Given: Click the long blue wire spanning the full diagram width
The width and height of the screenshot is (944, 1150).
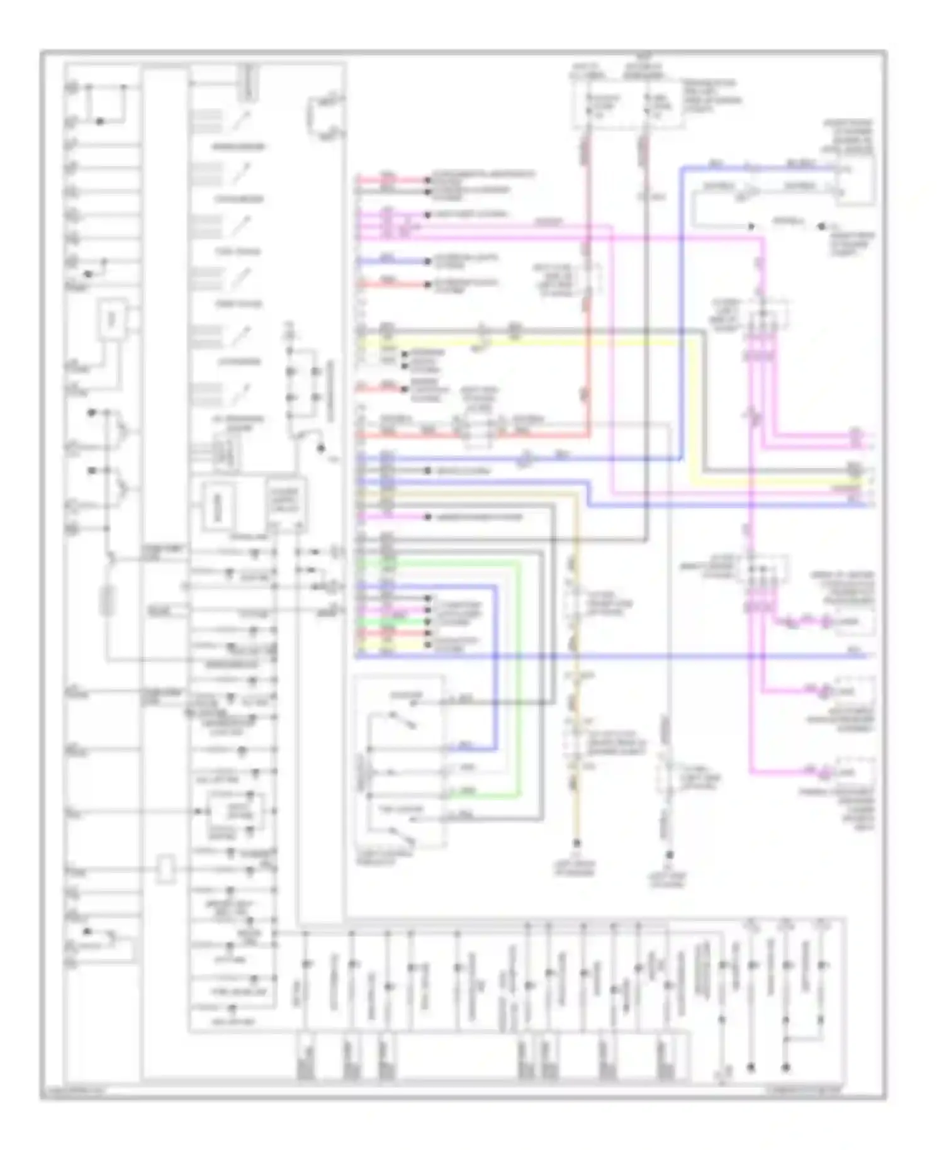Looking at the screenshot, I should coord(629,656).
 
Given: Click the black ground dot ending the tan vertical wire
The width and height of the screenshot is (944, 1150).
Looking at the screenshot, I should coord(575,843).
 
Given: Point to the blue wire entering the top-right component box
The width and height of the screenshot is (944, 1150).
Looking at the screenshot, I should coord(755,169).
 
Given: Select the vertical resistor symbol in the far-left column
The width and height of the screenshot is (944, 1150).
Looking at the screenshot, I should coord(108,601).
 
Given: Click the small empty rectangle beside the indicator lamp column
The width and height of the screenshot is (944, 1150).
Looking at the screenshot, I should coord(166,869).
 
